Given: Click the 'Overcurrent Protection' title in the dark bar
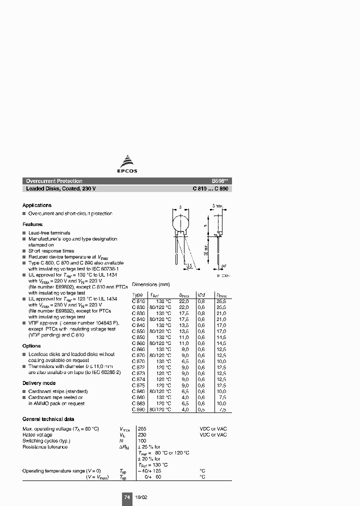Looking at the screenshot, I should (x=54, y=181).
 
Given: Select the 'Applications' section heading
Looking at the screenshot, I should (x=37, y=205).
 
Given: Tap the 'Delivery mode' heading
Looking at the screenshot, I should (x=39, y=383).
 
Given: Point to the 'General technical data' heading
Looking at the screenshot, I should (x=48, y=419).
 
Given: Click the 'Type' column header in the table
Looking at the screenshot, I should (x=137, y=295).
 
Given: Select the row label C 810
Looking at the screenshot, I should (x=138, y=301).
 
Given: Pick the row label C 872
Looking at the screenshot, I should (x=138, y=367).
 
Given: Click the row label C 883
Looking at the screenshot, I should (x=138, y=403).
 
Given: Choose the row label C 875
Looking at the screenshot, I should (x=138, y=385).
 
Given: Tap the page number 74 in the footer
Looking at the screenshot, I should (x=127, y=497).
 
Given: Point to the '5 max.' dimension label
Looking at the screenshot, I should (x=217, y=206).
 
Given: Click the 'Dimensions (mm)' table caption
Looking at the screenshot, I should (x=151, y=284).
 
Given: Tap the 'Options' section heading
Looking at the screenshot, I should (x=31, y=346).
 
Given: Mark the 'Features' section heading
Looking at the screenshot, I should (x=32, y=224).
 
